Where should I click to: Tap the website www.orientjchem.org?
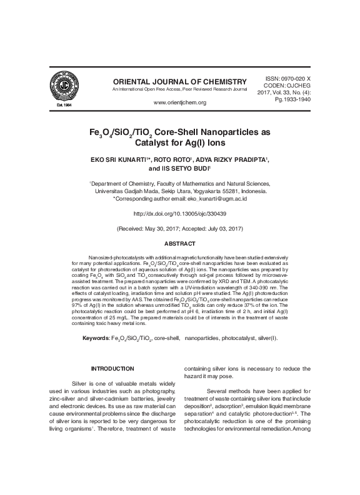click(179, 102)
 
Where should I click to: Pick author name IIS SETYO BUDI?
click(187, 169)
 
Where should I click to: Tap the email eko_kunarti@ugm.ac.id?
click(217, 198)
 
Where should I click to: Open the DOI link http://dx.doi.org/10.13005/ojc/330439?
click(179, 213)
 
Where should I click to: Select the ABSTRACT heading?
click(179, 243)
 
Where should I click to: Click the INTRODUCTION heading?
click(112, 369)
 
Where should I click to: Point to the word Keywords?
click(96, 338)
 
